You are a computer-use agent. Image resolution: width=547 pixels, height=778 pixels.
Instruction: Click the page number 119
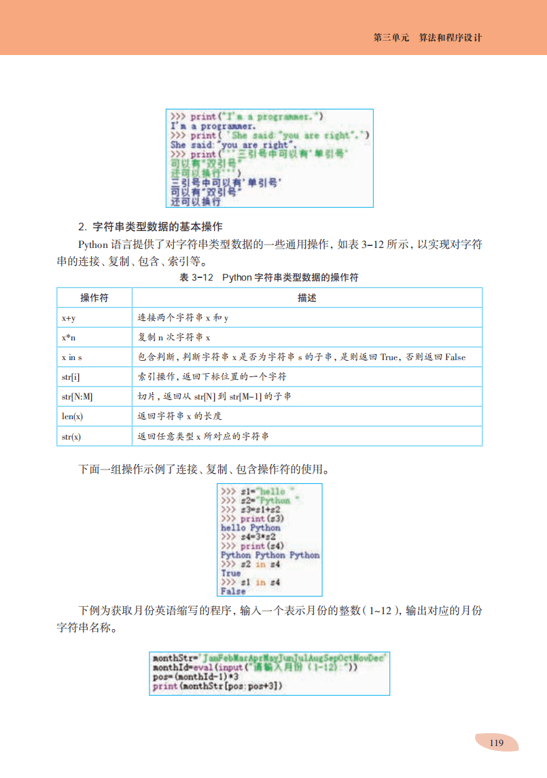click(x=496, y=743)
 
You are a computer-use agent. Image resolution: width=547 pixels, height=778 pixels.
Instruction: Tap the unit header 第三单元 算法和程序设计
click(x=427, y=38)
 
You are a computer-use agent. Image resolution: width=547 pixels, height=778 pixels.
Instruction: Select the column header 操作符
click(x=94, y=298)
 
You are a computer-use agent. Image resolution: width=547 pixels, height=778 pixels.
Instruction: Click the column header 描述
click(x=306, y=298)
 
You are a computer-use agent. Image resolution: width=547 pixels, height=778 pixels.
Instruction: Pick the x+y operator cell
click(x=69, y=317)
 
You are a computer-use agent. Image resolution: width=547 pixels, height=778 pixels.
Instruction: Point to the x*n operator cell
click(x=69, y=337)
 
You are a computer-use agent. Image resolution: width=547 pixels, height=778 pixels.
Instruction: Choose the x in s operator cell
click(x=71, y=357)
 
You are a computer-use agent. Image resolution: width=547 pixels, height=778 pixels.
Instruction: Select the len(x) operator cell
click(x=71, y=416)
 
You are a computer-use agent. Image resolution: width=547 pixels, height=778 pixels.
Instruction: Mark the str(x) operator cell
click(x=71, y=436)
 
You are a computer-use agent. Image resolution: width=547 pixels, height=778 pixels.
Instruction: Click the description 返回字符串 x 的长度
click(x=179, y=416)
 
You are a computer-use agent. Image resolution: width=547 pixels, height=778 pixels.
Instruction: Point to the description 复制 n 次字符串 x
click(x=175, y=337)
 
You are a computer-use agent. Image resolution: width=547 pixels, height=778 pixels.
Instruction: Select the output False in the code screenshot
click(x=233, y=591)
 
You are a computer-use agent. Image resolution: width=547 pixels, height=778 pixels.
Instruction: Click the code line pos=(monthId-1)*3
click(x=195, y=677)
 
